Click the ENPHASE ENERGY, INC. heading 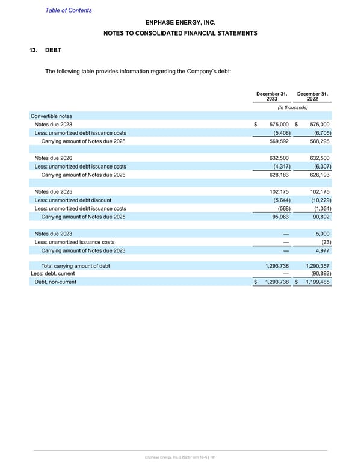click(x=180, y=23)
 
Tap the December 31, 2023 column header click(x=271, y=96)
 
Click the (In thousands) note click(x=292, y=107)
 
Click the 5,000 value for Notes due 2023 click(x=322, y=233)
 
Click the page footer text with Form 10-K click(x=180, y=459)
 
